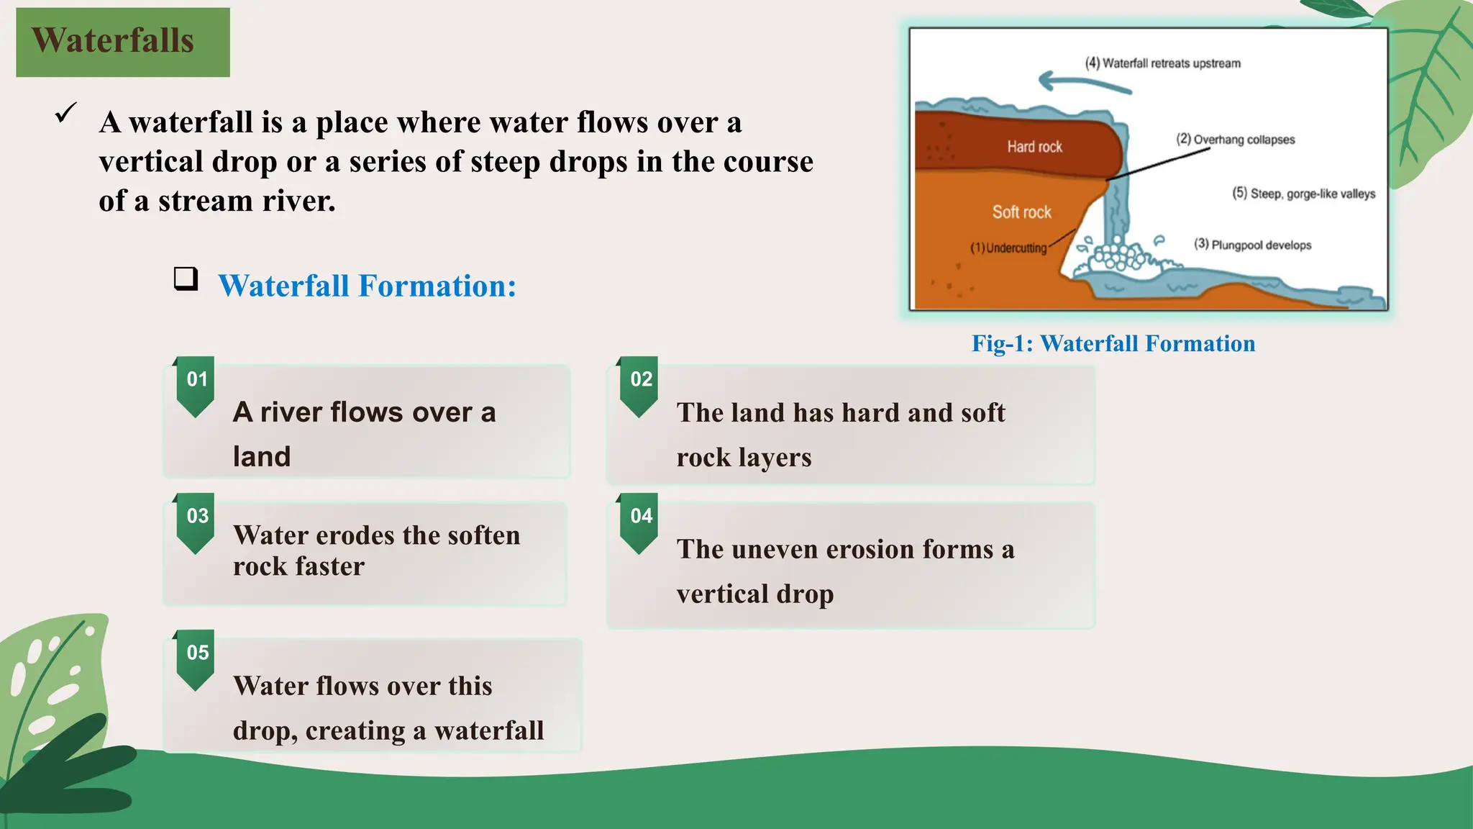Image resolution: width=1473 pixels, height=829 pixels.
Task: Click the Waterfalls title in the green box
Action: pos(113,40)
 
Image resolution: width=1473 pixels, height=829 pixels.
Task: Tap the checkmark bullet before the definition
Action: pos(65,114)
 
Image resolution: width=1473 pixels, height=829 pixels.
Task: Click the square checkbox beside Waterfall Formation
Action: pos(186,278)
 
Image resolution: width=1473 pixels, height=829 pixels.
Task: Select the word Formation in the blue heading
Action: pos(437,286)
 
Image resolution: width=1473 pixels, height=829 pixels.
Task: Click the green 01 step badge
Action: pos(196,381)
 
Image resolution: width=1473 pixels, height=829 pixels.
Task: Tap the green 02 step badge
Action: pos(640,381)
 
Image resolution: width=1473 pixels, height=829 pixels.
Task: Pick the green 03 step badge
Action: pos(196,517)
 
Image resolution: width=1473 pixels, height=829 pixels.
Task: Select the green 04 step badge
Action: pos(640,517)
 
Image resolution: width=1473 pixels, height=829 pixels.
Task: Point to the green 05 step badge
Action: pos(196,654)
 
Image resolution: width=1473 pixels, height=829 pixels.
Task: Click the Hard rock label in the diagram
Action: pos(1034,147)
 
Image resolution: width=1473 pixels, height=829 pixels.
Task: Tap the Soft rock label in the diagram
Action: pos(1021,212)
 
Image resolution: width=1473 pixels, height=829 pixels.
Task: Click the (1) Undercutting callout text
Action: pos(1008,248)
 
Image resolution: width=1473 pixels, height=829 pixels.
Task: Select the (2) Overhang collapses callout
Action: pos(1235,140)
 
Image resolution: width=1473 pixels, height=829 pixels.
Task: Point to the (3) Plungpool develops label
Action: pos(1252,245)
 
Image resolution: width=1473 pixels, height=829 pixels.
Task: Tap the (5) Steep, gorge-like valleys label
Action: pos(1303,194)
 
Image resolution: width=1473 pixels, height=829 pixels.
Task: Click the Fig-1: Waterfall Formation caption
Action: pos(1113,343)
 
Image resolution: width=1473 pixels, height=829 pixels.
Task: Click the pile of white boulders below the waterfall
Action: pos(1116,256)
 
